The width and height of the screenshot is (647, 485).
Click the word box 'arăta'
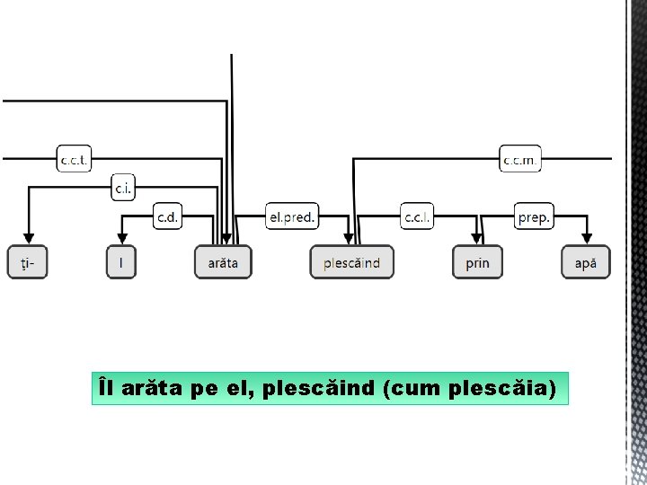click(223, 262)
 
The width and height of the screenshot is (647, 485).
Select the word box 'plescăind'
click(351, 262)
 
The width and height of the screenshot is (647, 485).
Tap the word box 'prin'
click(477, 262)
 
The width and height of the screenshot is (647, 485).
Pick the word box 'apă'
click(586, 262)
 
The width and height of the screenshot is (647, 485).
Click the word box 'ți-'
click(27, 262)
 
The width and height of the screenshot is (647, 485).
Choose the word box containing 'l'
click(121, 262)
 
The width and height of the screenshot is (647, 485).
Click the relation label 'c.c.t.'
click(74, 159)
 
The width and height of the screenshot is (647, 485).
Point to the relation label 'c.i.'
click(124, 187)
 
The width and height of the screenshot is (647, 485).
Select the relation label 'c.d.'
click(168, 216)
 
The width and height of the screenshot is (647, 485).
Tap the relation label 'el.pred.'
click(292, 216)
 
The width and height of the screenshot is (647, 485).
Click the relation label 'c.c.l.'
click(417, 216)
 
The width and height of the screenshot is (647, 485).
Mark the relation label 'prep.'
click(535, 216)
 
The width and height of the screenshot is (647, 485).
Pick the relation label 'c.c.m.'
click(520, 159)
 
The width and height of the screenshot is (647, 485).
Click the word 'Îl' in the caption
click(107, 389)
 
